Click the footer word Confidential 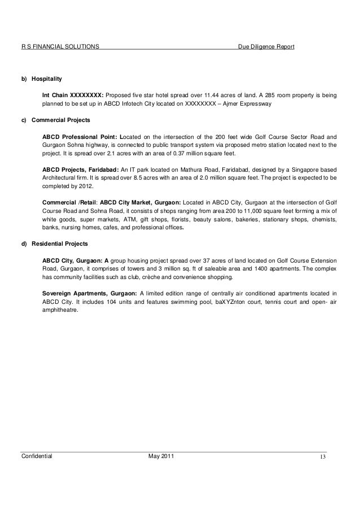click(36, 456)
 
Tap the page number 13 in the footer click(323, 457)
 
